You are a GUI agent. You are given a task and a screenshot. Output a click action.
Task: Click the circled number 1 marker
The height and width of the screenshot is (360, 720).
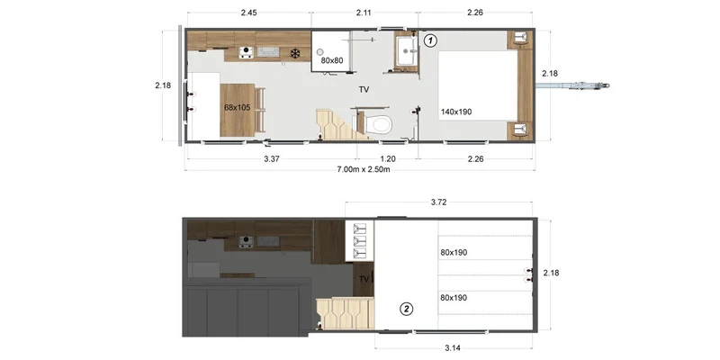(430, 40)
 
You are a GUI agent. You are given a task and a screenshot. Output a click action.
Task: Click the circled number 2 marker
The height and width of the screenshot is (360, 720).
(407, 309)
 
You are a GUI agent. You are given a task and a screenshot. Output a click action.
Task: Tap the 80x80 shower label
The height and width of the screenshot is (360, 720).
(331, 60)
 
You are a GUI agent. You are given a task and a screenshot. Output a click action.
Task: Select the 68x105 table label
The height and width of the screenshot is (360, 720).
(237, 107)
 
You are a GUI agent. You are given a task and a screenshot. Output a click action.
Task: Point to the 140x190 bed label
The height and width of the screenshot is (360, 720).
(456, 111)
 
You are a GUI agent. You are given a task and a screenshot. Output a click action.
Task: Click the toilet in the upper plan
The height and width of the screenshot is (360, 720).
(380, 124)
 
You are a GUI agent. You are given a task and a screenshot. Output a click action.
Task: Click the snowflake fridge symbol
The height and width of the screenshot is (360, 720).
(295, 54)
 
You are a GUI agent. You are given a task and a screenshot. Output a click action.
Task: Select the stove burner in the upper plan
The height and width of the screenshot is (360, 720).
(246, 52)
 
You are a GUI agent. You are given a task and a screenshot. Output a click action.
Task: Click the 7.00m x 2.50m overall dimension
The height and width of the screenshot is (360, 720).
(364, 169)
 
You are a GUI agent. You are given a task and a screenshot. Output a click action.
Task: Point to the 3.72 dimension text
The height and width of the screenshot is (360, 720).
(439, 202)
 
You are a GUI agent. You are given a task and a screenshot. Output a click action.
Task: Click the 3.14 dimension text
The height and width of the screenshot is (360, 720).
(453, 347)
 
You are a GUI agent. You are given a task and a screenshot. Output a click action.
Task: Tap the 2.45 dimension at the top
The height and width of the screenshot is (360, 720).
(248, 13)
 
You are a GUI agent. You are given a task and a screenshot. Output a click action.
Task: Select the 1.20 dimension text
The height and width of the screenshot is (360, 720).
(388, 159)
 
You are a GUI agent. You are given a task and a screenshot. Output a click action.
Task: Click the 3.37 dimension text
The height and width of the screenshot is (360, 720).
(272, 159)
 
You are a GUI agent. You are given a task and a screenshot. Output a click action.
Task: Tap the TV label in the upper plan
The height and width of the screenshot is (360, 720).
(364, 90)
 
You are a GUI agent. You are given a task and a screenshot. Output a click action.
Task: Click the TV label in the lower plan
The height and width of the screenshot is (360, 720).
(364, 279)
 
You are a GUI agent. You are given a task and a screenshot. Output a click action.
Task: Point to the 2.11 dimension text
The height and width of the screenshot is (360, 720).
(364, 13)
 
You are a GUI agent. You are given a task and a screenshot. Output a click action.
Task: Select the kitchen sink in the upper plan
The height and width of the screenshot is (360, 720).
(267, 52)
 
